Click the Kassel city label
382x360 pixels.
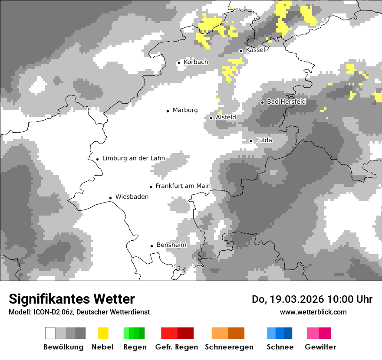coord(255,50)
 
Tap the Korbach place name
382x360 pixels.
coord(196,62)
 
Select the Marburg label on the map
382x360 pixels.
coord(185,110)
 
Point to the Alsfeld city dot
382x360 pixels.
coord(211,118)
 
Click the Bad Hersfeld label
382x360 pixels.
coord(286,101)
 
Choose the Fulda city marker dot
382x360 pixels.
coord(251,141)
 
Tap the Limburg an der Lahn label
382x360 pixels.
coord(134,158)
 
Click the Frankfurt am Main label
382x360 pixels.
coord(183,186)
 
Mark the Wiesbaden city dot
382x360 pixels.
coord(111,198)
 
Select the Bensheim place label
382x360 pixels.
coord(171,245)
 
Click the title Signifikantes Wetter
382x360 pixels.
coord(72,299)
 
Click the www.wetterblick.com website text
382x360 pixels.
coord(313,312)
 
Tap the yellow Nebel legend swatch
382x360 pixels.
coord(103,333)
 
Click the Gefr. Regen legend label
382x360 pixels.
coord(177,347)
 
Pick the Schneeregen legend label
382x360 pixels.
coord(229,347)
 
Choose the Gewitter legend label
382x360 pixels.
coord(320,347)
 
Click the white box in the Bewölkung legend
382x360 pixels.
coord(50,333)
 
